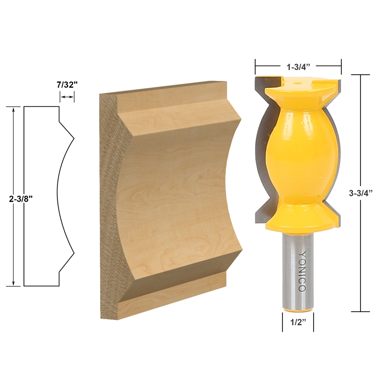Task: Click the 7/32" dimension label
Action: (x=67, y=85)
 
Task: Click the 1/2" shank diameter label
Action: (x=298, y=322)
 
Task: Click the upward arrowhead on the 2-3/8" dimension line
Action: (x=14, y=110)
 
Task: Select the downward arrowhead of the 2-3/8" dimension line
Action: (x=14, y=283)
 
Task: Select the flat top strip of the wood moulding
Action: (x=163, y=96)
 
